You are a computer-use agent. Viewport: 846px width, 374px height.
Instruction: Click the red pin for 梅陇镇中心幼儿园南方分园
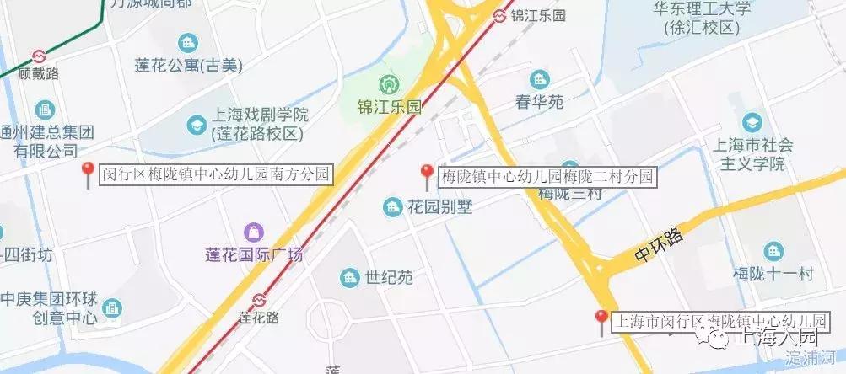87,173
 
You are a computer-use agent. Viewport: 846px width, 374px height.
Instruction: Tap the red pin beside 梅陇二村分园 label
427,174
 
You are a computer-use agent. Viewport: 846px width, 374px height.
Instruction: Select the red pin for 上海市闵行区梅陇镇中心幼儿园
601,319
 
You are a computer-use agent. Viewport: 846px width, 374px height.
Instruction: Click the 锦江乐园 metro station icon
499,15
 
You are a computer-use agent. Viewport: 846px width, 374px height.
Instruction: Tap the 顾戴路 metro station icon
39,56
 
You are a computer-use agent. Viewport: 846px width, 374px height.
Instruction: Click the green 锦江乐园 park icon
389,85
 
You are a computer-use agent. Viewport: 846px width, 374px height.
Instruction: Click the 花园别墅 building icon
392,206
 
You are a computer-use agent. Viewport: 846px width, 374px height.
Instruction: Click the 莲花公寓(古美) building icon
187,41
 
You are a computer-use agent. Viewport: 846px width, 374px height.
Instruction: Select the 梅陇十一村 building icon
773,251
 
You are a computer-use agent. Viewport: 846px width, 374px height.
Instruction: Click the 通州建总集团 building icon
44,110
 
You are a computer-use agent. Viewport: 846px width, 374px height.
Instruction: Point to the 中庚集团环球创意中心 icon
112,308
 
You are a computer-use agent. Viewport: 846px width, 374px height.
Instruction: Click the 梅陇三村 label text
569,194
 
